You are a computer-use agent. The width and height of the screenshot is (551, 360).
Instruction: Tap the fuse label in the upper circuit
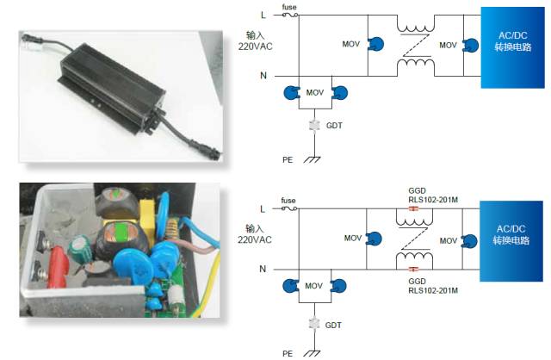[x=289, y=8]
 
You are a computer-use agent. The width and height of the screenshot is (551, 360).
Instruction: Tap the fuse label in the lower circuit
[x=289, y=202]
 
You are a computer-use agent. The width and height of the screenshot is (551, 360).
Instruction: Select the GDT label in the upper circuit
[x=334, y=126]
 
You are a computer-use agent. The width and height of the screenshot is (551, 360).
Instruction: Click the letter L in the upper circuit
[x=263, y=15]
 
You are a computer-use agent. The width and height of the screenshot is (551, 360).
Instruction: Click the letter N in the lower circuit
[x=263, y=270]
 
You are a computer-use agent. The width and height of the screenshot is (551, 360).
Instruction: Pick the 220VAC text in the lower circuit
[x=255, y=239]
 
